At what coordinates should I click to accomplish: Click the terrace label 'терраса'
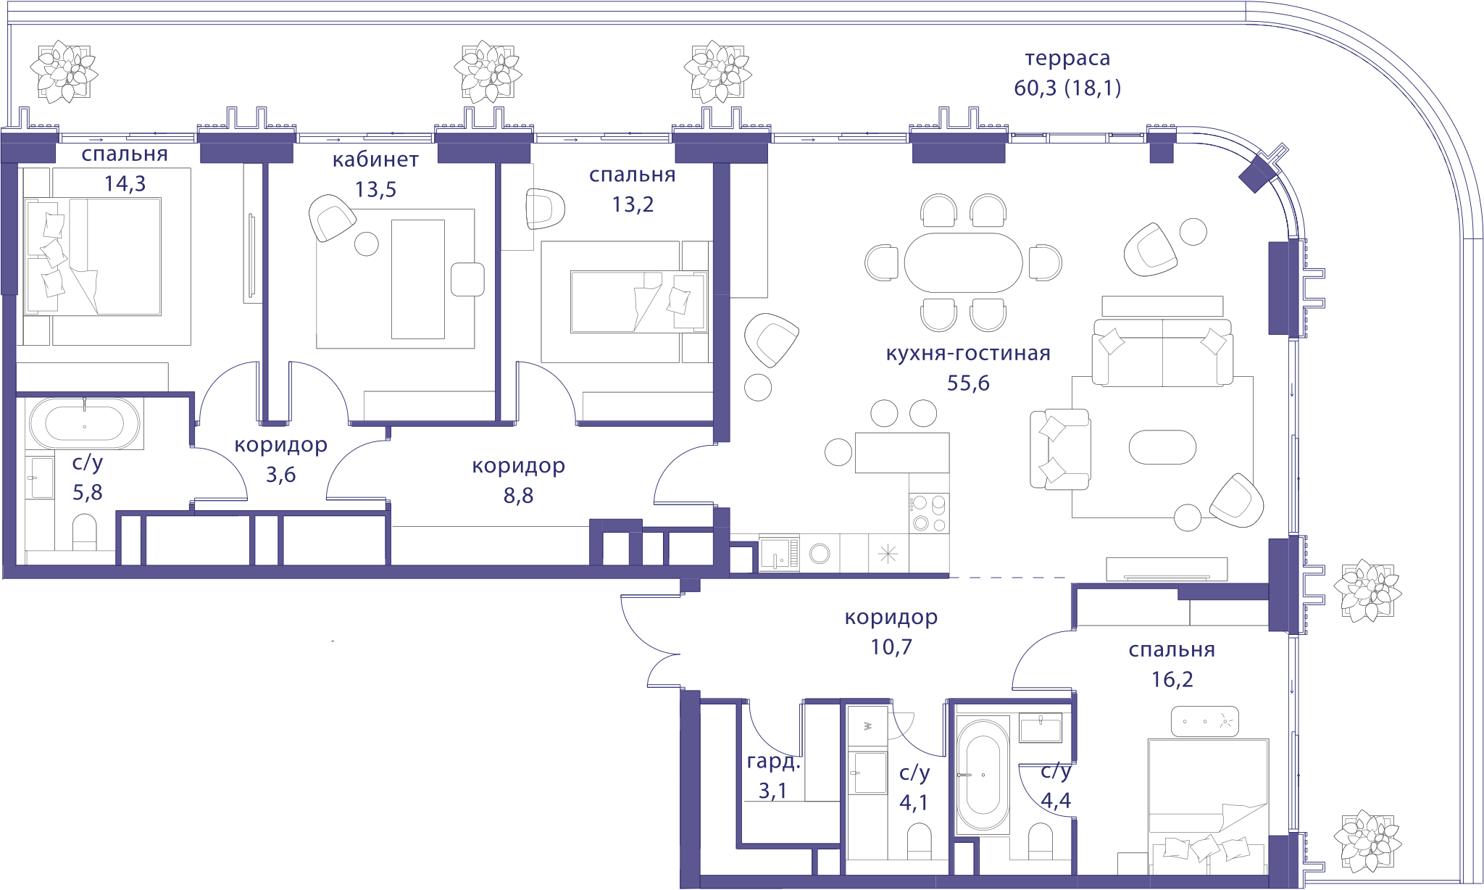tap(1067, 58)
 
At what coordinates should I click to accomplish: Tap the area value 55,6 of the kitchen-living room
tap(968, 383)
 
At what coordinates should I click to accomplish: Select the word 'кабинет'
tap(375, 159)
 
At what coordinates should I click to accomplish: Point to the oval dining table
tap(963, 262)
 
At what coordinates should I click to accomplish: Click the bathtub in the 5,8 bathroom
tap(85, 423)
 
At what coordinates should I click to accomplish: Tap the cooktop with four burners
tap(929, 513)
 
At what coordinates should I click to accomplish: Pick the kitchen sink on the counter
tap(779, 554)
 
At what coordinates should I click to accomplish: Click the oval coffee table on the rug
tap(1162, 446)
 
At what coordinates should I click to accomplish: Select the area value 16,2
tap(1172, 679)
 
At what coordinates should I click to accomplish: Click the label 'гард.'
tap(773, 762)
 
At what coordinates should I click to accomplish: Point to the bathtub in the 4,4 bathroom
tap(983, 774)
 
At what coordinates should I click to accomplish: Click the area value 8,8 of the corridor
tap(518, 495)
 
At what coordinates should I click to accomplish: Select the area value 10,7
tap(891, 646)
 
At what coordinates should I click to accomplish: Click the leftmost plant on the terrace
tap(64, 72)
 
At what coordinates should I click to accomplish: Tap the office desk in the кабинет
tap(418, 279)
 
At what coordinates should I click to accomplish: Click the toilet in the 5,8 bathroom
tap(85, 533)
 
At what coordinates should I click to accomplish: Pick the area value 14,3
tap(125, 183)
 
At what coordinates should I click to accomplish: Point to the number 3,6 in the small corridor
tap(280, 475)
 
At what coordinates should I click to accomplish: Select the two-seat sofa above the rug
tap(1162, 352)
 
